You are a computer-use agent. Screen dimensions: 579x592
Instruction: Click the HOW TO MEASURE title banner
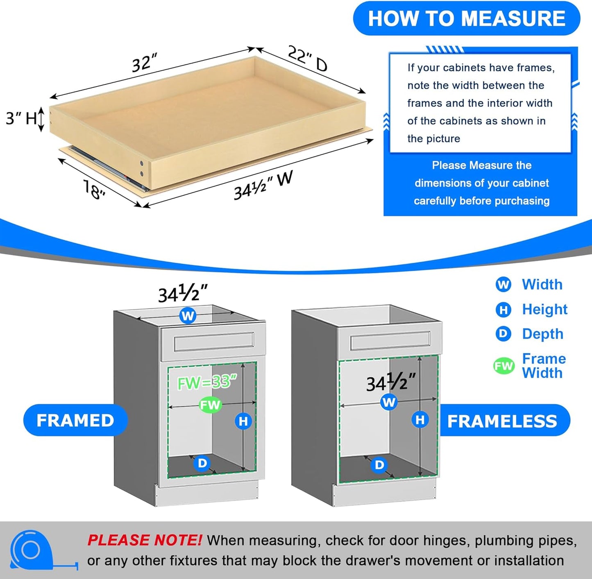(466, 19)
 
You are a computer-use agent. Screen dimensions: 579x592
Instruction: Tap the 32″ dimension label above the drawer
(144, 63)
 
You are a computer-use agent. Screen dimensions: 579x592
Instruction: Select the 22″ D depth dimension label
(307, 59)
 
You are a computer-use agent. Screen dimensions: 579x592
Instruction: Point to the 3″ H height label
(21, 119)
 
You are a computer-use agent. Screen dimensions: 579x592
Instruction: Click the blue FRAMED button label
(75, 421)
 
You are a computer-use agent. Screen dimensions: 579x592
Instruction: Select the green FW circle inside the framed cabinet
(210, 405)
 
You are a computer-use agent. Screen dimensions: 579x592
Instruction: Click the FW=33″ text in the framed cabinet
(207, 382)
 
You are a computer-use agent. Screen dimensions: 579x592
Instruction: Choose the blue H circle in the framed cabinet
(243, 421)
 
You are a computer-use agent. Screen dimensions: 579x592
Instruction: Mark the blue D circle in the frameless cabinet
(379, 465)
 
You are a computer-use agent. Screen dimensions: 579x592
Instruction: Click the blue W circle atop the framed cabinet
(188, 316)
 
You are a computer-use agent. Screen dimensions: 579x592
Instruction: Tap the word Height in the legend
(544, 310)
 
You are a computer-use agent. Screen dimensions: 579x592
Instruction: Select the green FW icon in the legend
(504, 366)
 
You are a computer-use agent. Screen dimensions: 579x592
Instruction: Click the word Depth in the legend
(542, 334)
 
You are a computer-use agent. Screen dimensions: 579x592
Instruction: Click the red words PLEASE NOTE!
(144, 541)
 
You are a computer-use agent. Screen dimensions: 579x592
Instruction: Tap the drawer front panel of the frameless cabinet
(390, 341)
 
